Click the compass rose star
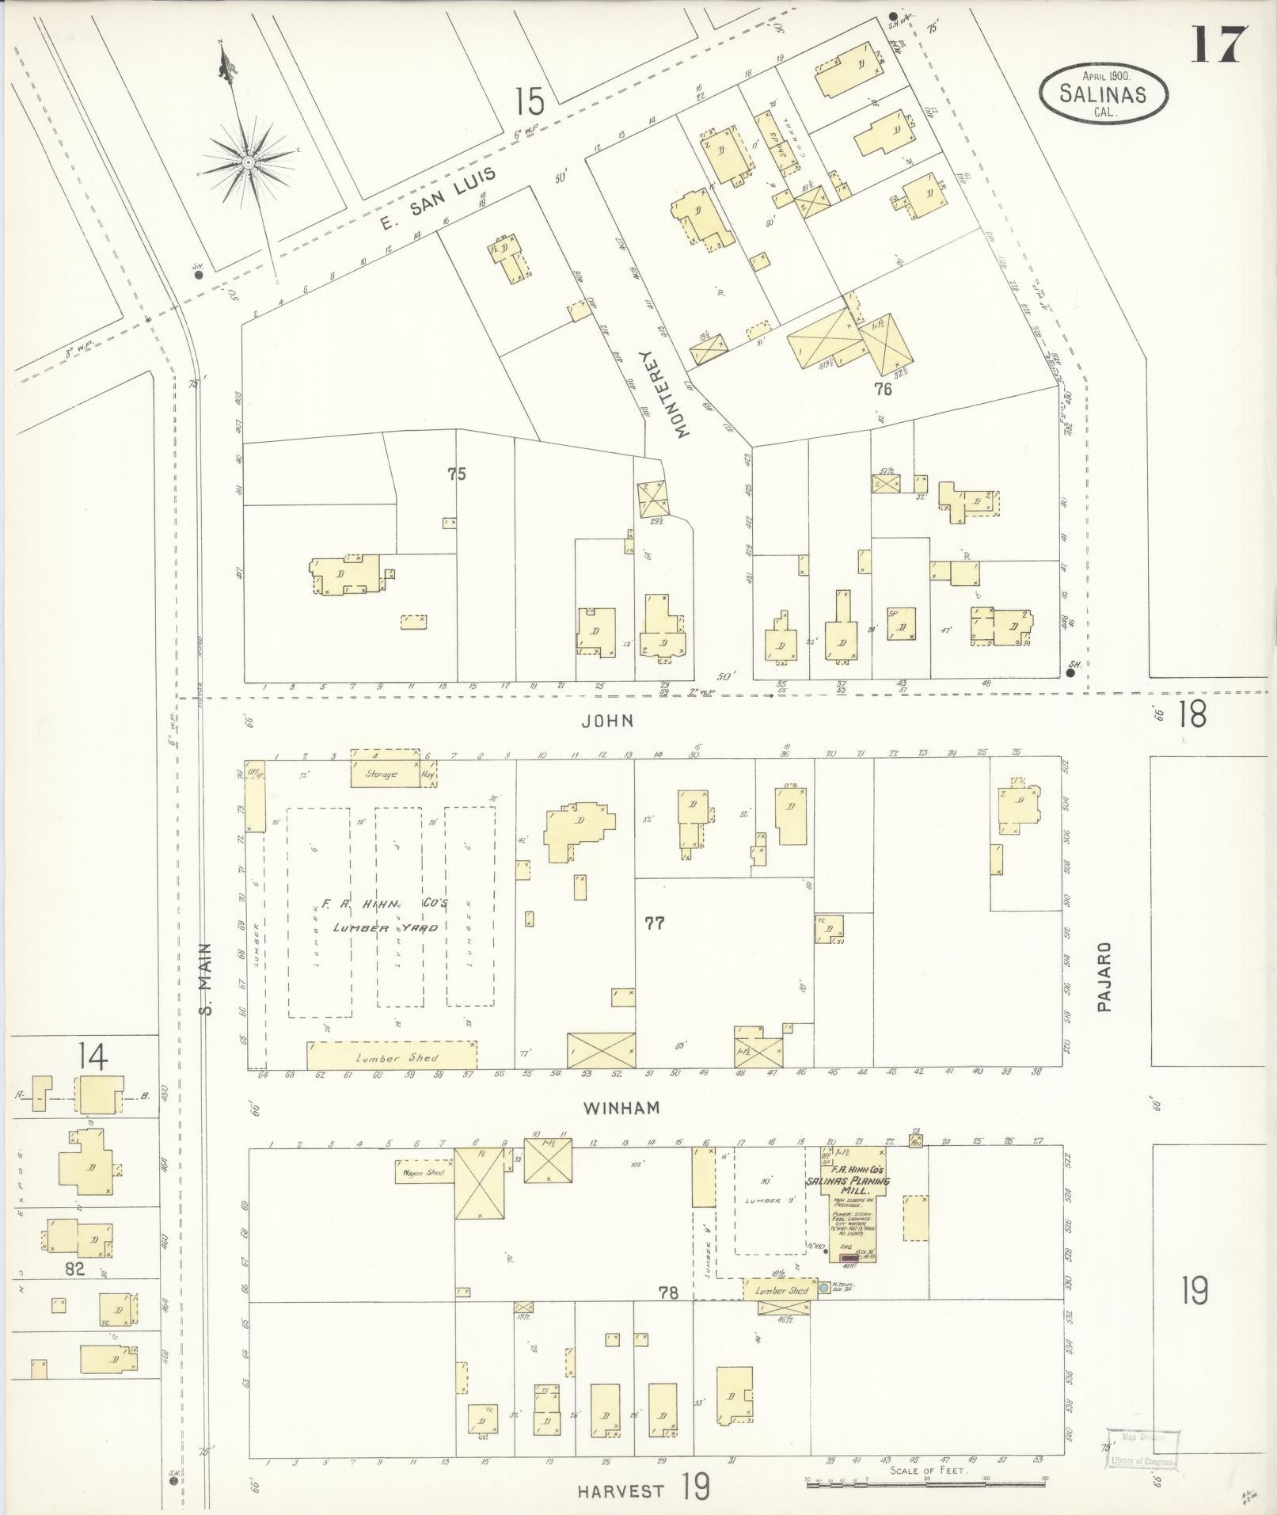point(248,162)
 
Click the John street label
point(608,721)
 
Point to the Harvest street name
point(620,1491)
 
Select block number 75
point(457,474)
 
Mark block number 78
point(669,1292)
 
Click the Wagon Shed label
point(424,1172)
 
